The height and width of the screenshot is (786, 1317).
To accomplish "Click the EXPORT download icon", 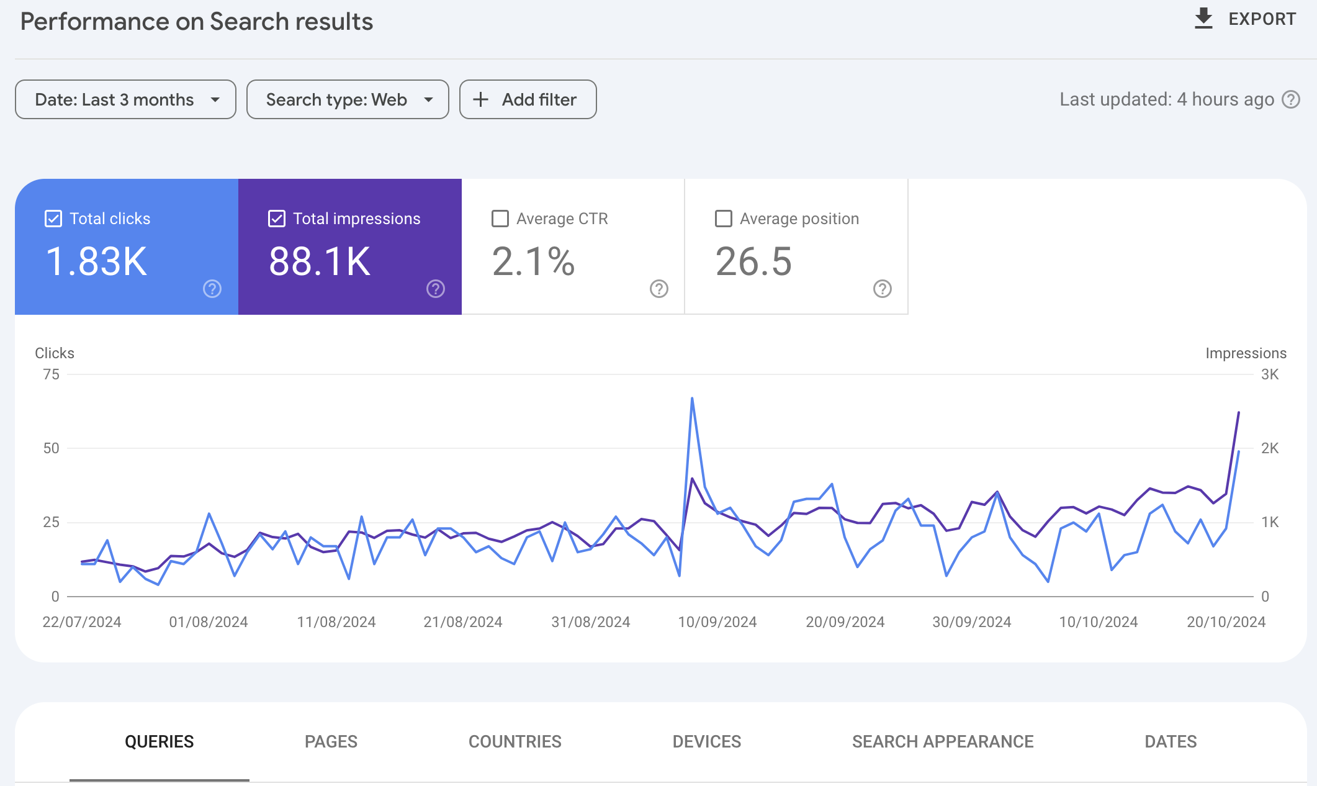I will [1203, 19].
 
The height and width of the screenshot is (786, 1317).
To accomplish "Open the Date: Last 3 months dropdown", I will [125, 99].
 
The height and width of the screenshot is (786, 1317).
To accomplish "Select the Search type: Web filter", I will [348, 99].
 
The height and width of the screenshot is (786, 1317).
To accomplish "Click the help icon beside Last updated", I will [1291, 99].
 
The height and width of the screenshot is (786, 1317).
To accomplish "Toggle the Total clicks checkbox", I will [53, 219].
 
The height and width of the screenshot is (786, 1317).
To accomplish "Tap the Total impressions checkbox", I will [277, 219].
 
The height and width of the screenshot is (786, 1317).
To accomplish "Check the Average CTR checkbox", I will [500, 219].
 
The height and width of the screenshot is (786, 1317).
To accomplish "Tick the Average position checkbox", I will [724, 219].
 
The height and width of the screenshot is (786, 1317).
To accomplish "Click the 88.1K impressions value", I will [320, 261].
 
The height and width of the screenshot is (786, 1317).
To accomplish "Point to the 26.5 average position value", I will [753, 261].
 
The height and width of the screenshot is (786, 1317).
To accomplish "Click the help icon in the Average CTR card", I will [658, 289].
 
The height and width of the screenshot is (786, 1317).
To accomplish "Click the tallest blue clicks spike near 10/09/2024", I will [692, 399].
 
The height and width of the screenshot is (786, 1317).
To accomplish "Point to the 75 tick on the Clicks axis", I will [52, 374].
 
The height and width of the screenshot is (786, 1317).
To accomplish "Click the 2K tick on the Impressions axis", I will [1269, 448].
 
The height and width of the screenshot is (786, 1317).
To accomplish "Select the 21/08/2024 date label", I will [462, 622].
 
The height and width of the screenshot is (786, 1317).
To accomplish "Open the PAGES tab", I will [331, 741].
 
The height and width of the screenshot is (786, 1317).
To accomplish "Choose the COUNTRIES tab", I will [515, 741].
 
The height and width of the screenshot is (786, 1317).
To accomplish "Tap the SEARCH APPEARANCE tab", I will [942, 741].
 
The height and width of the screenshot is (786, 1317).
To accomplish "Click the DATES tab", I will [1171, 741].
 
